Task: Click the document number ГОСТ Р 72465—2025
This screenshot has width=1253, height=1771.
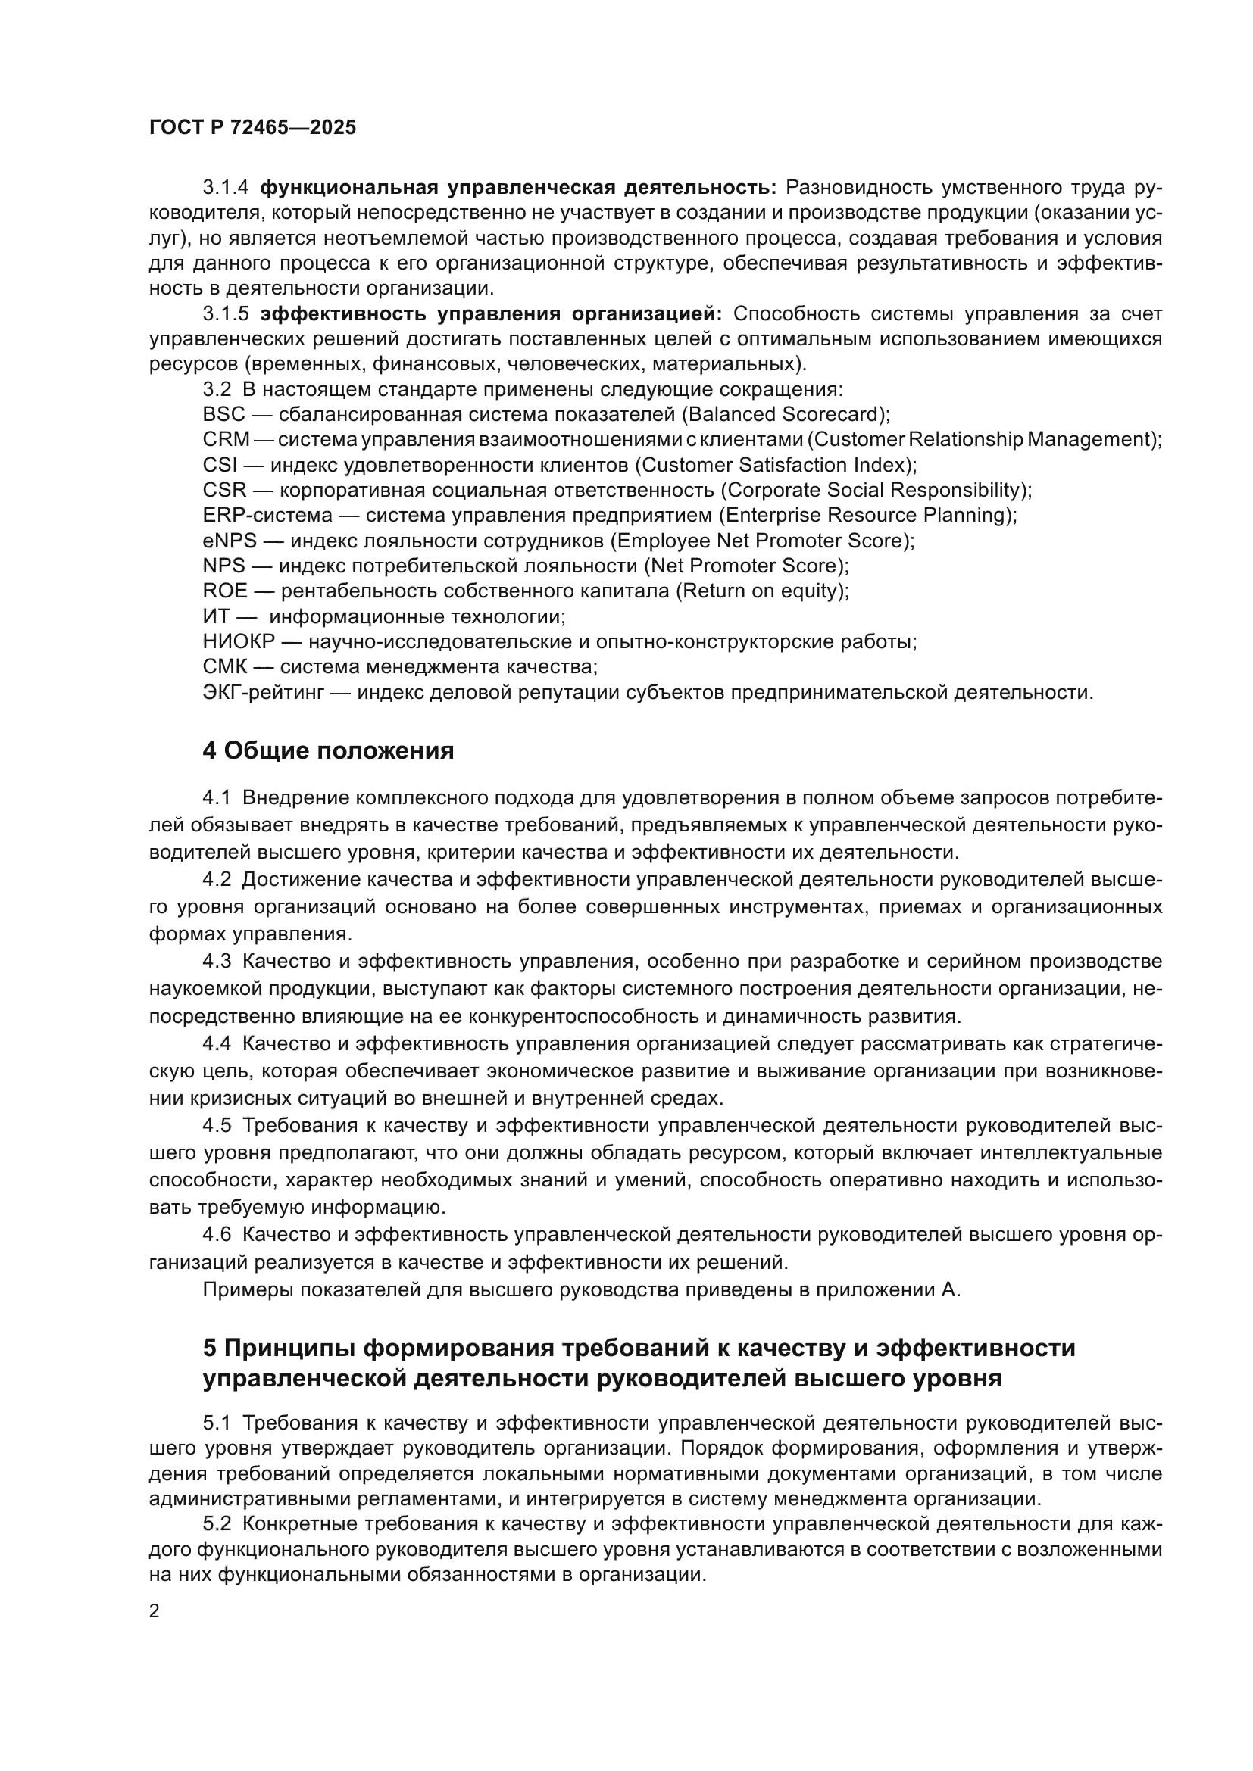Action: coord(252,128)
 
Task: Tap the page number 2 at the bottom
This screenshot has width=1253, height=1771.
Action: coord(155,1611)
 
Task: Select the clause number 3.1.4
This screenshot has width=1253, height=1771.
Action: coord(225,188)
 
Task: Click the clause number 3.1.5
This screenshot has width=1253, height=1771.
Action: coord(225,314)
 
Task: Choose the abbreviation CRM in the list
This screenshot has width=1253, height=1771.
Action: coord(226,440)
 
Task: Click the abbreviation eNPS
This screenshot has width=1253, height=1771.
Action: coord(229,541)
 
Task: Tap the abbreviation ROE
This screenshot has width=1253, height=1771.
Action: coord(225,591)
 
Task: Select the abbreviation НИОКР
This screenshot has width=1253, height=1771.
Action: coord(239,642)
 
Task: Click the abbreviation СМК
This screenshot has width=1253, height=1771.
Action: coord(224,666)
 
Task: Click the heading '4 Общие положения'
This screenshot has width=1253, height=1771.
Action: coord(328,750)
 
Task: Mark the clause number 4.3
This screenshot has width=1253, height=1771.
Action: coord(217,961)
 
